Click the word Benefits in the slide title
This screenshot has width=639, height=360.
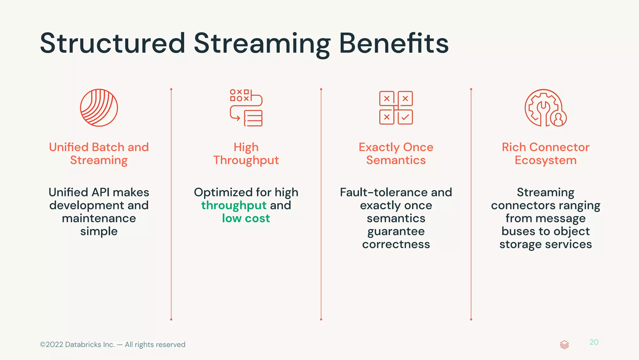click(x=394, y=44)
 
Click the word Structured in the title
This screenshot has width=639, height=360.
click(x=113, y=44)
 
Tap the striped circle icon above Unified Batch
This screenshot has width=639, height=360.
click(x=99, y=108)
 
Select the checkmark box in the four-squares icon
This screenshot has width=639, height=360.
click(x=405, y=117)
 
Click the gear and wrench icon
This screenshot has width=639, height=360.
click(x=544, y=108)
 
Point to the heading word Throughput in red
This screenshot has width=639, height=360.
click(x=246, y=160)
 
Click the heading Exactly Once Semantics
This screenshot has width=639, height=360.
click(x=396, y=154)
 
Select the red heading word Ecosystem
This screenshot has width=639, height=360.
click(x=545, y=160)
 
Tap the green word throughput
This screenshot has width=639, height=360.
click(x=234, y=206)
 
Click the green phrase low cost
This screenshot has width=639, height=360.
click(x=246, y=219)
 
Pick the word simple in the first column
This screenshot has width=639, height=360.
click(x=99, y=231)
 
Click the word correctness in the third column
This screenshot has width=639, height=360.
click(x=396, y=244)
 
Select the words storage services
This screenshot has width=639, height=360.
click(x=545, y=244)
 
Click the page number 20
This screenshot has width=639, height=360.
click(x=594, y=342)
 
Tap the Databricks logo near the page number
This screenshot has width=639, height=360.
click(x=564, y=345)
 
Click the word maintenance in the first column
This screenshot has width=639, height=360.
click(x=99, y=219)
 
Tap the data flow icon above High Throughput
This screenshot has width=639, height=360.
click(x=246, y=108)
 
